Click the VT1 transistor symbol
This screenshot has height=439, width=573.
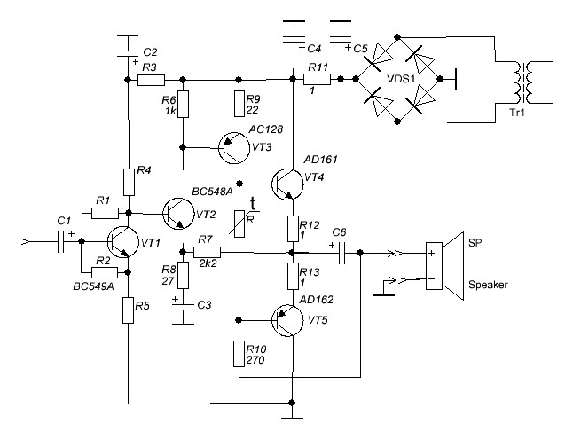tap(123, 242)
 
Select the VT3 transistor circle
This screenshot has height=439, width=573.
tap(234, 148)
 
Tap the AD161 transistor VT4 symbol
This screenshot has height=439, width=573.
tap(288, 184)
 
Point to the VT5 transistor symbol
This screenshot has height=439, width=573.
tap(288, 320)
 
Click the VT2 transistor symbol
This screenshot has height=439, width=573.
tap(178, 214)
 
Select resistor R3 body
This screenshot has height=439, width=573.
tap(151, 80)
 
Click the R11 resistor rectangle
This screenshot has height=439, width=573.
tap(318, 79)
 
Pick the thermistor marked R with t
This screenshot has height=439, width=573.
tap(239, 223)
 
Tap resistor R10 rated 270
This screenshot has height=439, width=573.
tap(239, 354)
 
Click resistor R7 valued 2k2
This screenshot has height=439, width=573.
tap(207, 252)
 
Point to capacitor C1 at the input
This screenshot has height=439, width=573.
tap(61, 241)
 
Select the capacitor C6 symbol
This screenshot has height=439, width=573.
tap(342, 253)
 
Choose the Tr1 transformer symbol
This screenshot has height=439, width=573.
tap(523, 82)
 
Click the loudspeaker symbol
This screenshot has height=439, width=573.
tap(445, 266)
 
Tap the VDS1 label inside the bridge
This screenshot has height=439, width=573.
tap(401, 79)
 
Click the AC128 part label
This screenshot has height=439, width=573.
tap(266, 129)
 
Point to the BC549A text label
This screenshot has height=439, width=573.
tap(93, 286)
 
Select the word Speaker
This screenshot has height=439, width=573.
tap(488, 285)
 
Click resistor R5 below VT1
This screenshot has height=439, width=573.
tap(128, 310)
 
